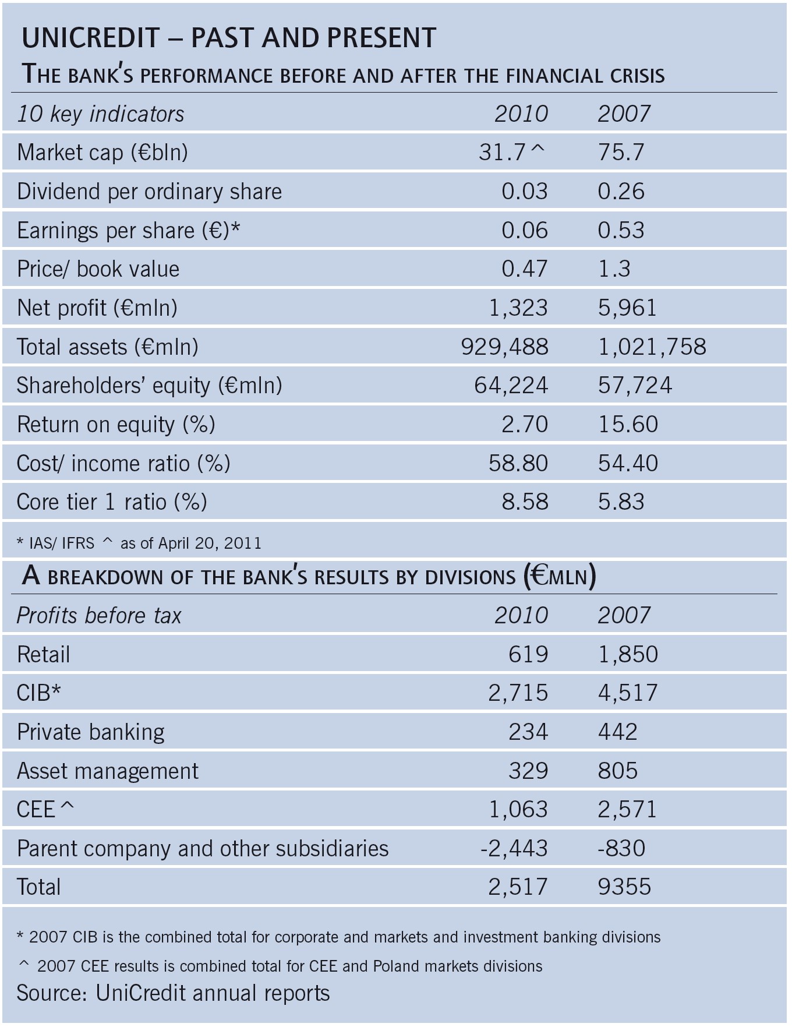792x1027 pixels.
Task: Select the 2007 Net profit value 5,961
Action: tap(627, 308)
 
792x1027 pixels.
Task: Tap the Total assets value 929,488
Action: tap(504, 347)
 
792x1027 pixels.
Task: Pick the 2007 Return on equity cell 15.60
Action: tap(628, 424)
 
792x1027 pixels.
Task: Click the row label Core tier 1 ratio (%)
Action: tap(112, 502)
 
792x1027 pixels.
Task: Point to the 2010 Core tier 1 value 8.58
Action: tap(525, 502)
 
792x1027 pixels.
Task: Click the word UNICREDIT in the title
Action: tap(90, 38)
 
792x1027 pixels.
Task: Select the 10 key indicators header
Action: tap(100, 114)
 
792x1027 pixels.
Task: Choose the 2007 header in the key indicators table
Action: tap(623, 114)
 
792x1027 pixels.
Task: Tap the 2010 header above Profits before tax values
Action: tap(521, 616)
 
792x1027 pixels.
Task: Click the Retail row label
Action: tap(44, 654)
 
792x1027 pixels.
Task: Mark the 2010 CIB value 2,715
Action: tap(518, 693)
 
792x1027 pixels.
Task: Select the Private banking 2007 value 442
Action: tap(617, 732)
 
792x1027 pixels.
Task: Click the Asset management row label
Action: tap(108, 771)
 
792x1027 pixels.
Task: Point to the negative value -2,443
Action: tap(514, 848)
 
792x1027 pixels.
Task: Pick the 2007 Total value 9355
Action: tap(624, 887)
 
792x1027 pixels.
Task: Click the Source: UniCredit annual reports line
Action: tap(173, 993)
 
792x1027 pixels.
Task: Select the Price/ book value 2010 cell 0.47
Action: tap(524, 269)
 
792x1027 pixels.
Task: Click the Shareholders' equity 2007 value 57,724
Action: tap(635, 386)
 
